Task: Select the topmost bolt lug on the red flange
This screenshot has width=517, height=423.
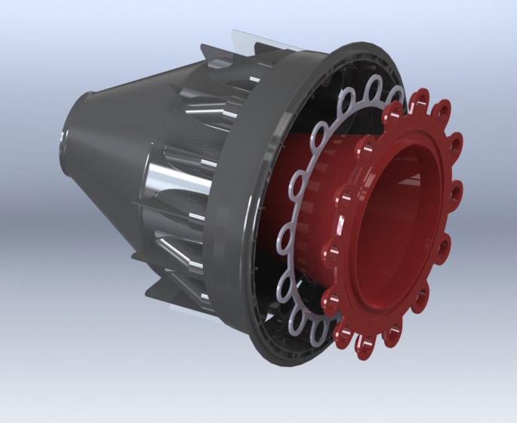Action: pos(420,98)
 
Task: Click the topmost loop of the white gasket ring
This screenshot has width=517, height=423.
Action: pos(375,89)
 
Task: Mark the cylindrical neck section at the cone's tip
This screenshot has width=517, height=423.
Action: pos(79,128)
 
